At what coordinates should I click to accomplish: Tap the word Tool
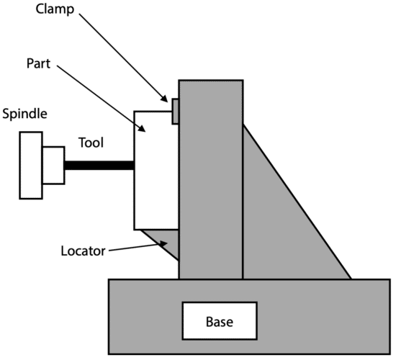coord(91,143)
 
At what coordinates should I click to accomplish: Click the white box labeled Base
coord(218,320)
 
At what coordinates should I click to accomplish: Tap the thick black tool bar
coord(99,165)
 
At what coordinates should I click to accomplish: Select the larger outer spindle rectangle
coord(30,165)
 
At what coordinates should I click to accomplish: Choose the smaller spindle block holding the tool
coord(53,165)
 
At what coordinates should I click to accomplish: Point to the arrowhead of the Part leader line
coord(147,132)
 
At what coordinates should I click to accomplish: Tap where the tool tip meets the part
coord(134,165)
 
